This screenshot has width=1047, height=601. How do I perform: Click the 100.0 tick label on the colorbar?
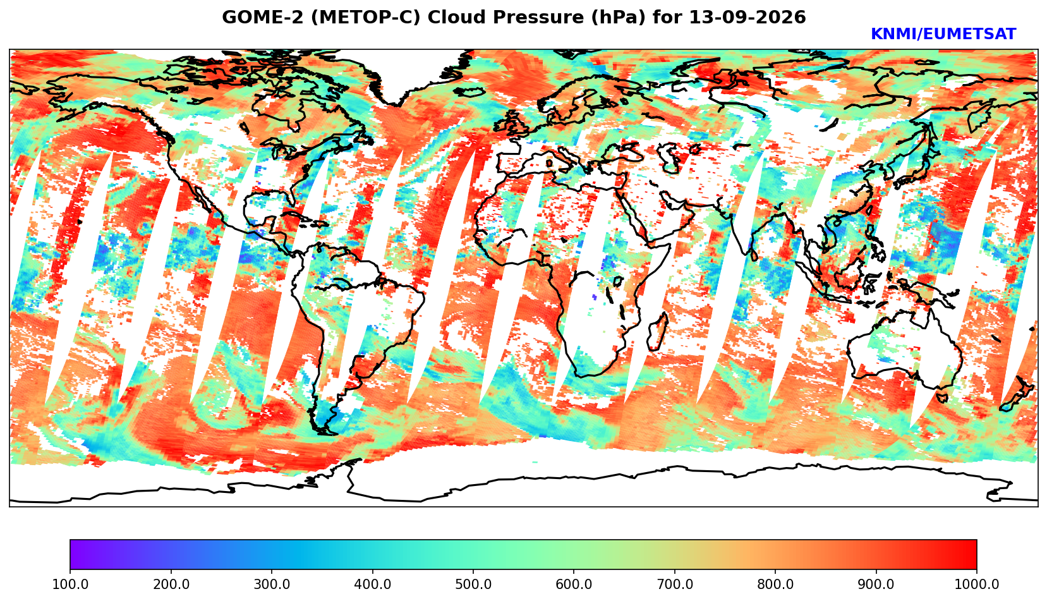tap(70, 584)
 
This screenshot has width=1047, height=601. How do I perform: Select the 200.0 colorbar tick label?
tap(171, 584)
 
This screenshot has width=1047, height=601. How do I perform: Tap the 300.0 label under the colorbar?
tap(272, 584)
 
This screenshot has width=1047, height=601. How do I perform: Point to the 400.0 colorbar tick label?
tap(373, 584)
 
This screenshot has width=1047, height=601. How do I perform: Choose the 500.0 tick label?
tap(473, 584)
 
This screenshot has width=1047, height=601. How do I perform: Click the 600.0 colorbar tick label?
tap(574, 584)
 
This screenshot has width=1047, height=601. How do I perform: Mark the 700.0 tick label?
tap(674, 584)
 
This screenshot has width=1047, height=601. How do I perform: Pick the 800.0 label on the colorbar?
tap(775, 584)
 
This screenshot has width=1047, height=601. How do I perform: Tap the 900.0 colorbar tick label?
tap(876, 584)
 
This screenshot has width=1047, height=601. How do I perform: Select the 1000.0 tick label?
tap(977, 584)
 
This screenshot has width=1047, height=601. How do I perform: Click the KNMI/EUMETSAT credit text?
tap(943, 34)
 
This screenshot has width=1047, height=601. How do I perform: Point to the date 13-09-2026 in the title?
tap(747, 17)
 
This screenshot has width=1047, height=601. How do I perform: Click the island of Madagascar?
tap(658, 333)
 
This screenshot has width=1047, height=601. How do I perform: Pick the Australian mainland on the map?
tap(904, 348)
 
